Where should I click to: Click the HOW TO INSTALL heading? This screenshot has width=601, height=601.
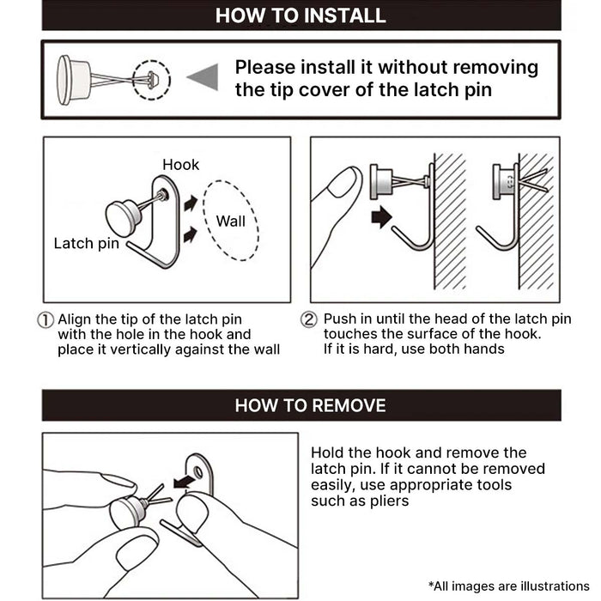click(300, 15)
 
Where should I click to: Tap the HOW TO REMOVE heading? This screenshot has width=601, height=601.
click(310, 405)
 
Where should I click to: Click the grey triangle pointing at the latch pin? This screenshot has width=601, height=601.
click(202, 78)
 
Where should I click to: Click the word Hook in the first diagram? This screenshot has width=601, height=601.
click(180, 164)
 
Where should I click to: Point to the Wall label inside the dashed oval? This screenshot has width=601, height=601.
click(230, 221)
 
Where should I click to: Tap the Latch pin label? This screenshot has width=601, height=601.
click(86, 243)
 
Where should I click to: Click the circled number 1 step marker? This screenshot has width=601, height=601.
click(47, 319)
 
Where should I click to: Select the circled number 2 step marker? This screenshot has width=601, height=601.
click(309, 319)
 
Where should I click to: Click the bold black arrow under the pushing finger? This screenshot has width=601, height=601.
click(380, 218)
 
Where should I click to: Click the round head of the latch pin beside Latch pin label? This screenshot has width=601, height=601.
click(124, 218)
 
